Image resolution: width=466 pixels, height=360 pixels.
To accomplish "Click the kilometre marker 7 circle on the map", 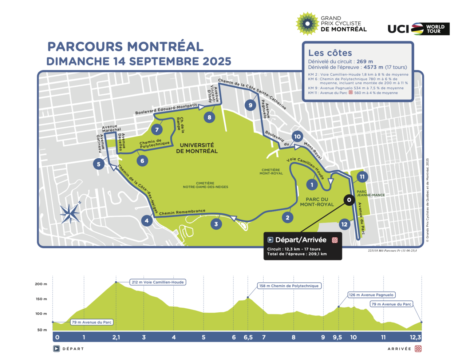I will [157, 130].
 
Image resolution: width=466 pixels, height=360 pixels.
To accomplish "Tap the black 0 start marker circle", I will [349, 200].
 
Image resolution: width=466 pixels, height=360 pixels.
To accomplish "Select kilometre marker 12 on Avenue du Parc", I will [344, 224].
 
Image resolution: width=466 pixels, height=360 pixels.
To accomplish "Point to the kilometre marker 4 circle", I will [147, 220].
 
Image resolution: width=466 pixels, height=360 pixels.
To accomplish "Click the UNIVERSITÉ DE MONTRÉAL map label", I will [197, 148].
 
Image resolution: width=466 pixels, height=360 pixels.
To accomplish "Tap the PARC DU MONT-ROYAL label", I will [317, 202].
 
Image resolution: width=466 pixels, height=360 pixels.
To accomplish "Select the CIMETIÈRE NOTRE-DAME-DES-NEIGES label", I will [205, 185].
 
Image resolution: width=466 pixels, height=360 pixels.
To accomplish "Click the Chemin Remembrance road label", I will [182, 212].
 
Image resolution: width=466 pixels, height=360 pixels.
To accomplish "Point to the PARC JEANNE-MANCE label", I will [370, 193].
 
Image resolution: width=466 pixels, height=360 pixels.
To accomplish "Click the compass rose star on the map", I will [70, 213].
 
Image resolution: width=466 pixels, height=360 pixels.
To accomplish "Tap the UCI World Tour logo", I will [418, 29].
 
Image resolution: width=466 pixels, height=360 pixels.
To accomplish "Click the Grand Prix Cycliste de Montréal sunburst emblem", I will [307, 24].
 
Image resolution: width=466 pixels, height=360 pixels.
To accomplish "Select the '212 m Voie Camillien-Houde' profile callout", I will [158, 282].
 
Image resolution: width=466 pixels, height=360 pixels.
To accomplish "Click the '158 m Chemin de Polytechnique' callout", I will [289, 286].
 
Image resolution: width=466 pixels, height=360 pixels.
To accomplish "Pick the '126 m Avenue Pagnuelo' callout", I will [371, 295].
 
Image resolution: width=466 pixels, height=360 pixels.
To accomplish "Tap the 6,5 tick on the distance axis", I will [248, 337].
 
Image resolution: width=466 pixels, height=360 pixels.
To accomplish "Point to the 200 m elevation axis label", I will [41, 284].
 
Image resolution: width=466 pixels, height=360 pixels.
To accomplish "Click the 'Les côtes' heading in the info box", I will [330, 53].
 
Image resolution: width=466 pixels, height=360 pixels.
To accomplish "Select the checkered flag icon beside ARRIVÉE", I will [418, 349].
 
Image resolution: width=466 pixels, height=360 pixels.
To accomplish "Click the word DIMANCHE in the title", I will [78, 61].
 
